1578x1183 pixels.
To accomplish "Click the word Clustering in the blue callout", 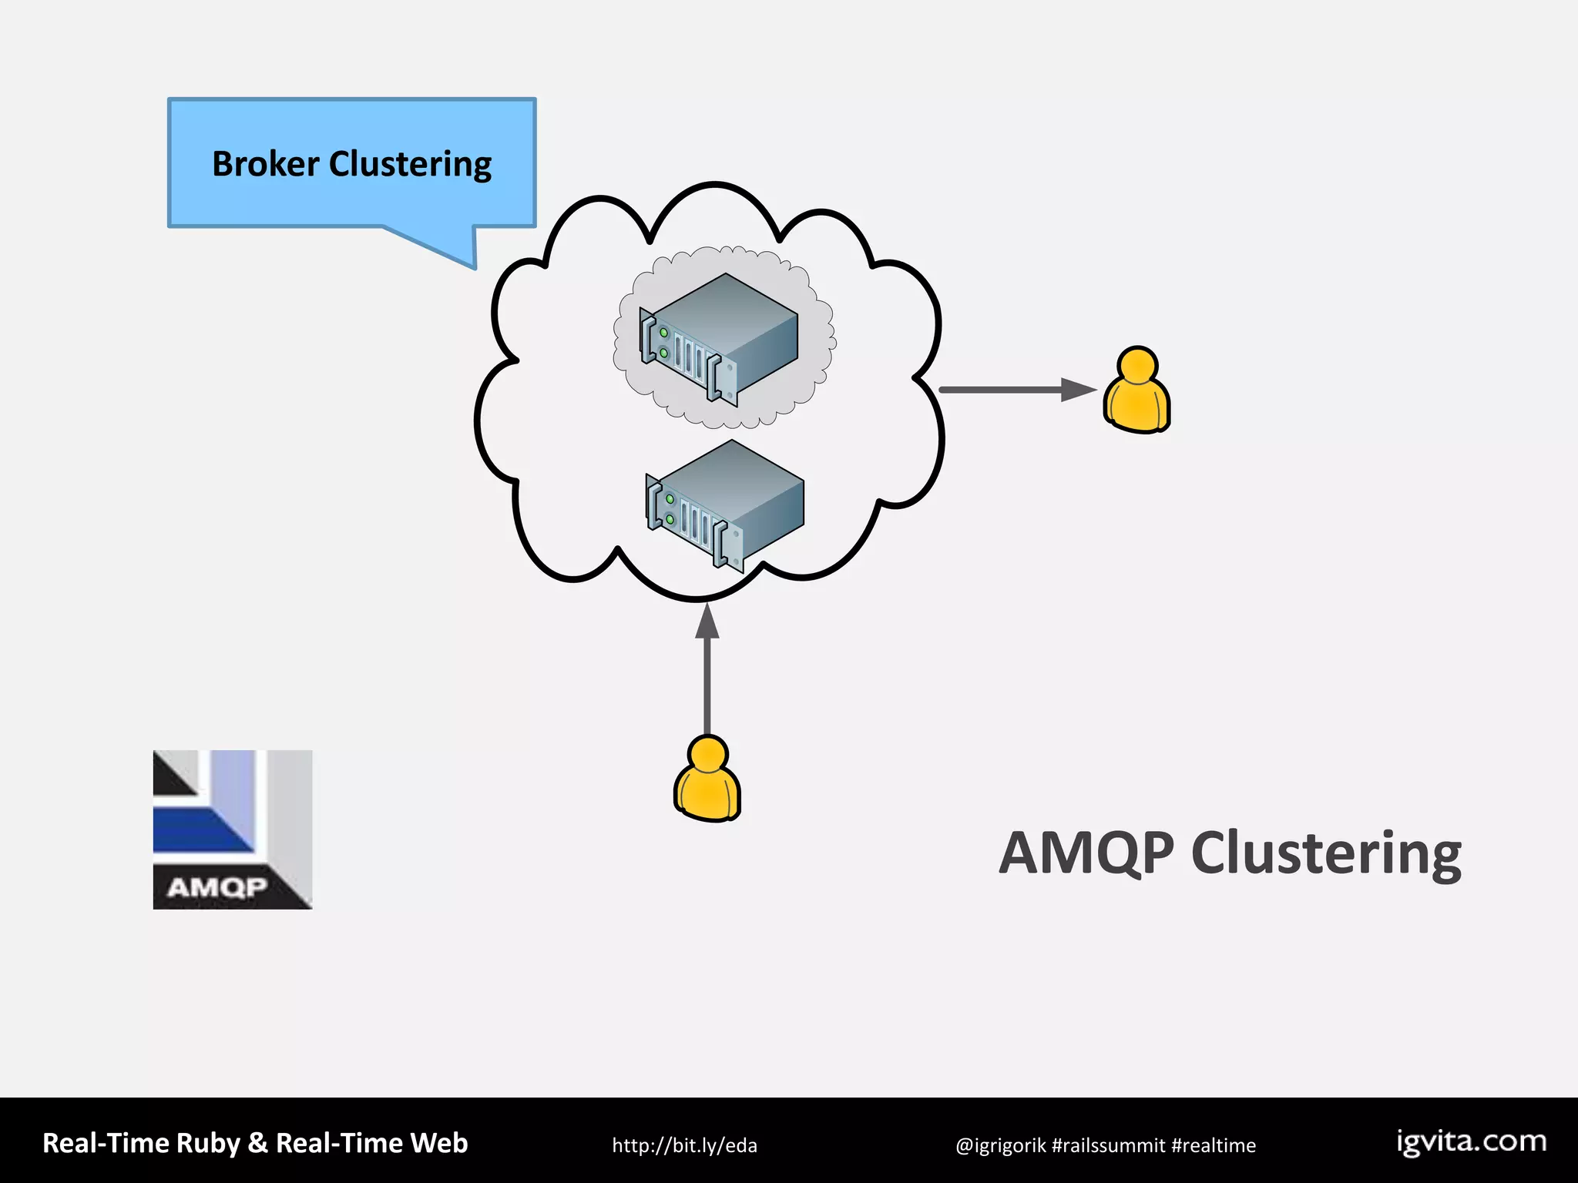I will click(410, 165).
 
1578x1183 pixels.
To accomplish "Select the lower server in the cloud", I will click(725, 504).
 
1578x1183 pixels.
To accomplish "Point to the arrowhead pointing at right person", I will click(1078, 390).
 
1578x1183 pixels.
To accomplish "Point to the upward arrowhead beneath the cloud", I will click(707, 622).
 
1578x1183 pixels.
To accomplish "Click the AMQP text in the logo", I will click(217, 888).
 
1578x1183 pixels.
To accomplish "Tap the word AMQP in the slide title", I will click(1086, 853).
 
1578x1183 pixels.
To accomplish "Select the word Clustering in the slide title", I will click(1326, 855).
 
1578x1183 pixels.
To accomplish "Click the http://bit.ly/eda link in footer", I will click(684, 1145).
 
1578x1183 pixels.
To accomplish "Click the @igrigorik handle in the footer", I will click(1000, 1146).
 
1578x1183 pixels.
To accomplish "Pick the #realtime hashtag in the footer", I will click(1214, 1146).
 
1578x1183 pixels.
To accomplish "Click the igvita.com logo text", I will click(1472, 1141).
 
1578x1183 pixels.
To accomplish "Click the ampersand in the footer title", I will click(257, 1143).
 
